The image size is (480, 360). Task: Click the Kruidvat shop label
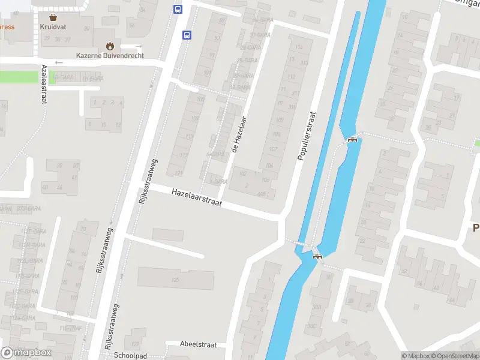click(x=53, y=27)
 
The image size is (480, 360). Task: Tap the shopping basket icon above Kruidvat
click(x=53, y=17)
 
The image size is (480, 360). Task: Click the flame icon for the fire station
click(x=109, y=46)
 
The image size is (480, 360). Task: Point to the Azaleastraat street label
click(x=44, y=85)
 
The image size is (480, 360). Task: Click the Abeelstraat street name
click(x=198, y=344)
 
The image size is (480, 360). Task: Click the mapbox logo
click(x=26, y=353)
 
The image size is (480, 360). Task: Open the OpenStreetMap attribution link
click(x=455, y=356)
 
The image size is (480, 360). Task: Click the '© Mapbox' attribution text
click(x=416, y=356)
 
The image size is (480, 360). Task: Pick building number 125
click(x=176, y=280)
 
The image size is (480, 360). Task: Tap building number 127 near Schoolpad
click(x=136, y=344)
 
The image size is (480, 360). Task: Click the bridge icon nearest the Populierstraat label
click(x=352, y=140)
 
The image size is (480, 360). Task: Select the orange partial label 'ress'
click(x=7, y=27)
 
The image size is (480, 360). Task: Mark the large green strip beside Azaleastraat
click(x=18, y=77)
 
